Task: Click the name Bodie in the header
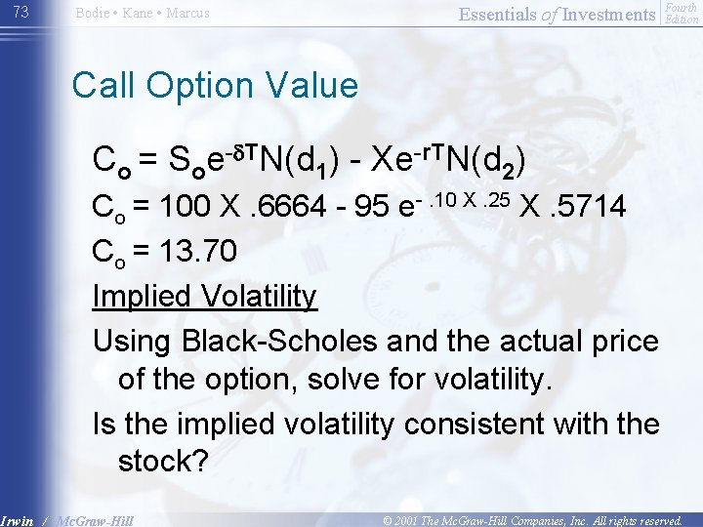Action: tap(95, 13)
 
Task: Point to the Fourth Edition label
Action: tap(681, 13)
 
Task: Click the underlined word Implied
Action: tap(142, 296)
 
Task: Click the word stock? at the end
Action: tap(164, 462)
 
